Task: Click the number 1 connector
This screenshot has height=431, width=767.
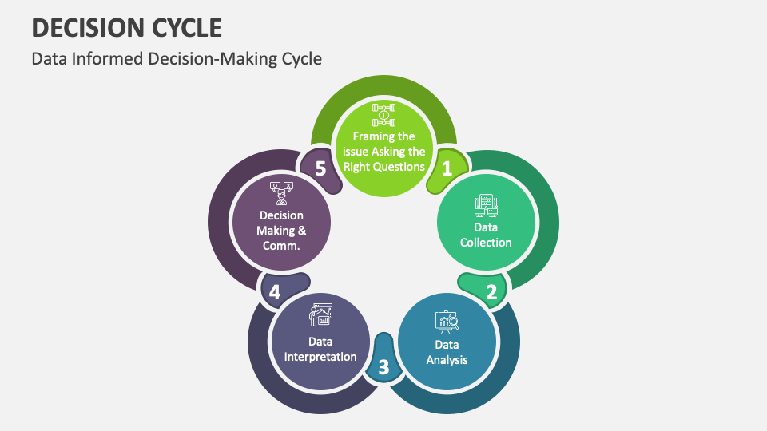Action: coord(447,168)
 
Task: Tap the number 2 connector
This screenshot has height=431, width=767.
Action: coord(491,291)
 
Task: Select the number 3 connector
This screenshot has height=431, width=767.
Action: coord(383,367)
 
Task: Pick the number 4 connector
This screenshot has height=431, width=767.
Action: coord(275,292)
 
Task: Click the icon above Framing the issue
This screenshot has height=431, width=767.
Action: coord(383,115)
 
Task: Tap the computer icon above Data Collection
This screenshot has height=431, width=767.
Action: coord(486,206)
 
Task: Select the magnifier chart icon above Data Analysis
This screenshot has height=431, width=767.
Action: coord(447,322)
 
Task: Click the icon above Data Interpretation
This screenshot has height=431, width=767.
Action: coord(320,315)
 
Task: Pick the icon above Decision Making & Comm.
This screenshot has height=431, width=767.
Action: coord(281,194)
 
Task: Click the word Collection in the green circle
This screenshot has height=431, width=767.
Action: coord(486,242)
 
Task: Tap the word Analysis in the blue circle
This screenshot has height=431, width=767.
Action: coord(447,359)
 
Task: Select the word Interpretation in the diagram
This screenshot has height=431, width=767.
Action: coord(320,356)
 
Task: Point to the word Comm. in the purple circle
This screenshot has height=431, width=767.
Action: coord(281,246)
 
